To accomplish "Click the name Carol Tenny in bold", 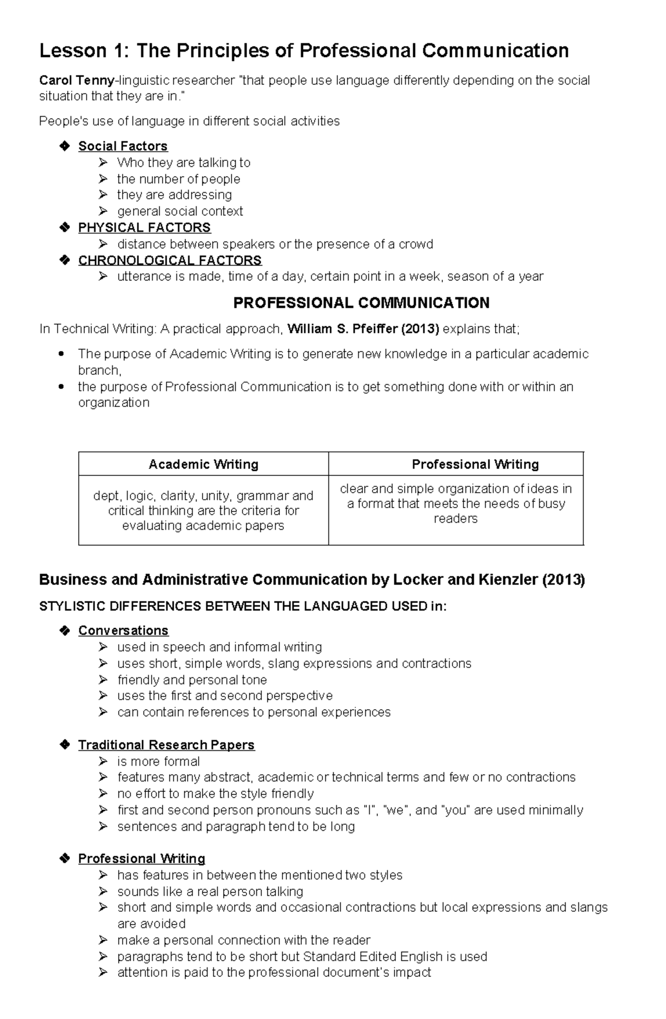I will pyautogui.click(x=76, y=81).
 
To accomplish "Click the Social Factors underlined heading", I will pyautogui.click(x=123, y=146).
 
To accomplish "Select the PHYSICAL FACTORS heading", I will pyautogui.click(x=144, y=228).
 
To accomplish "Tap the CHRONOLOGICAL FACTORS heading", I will pyautogui.click(x=170, y=260).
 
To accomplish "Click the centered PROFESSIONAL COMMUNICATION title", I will pyautogui.click(x=361, y=303).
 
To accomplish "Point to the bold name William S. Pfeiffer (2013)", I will pyautogui.click(x=364, y=329).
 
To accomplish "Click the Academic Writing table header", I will pyautogui.click(x=203, y=464).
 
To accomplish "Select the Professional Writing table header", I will pyautogui.click(x=475, y=464).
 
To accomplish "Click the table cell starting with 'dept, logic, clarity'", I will pyautogui.click(x=203, y=510).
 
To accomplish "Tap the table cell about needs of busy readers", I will pyautogui.click(x=456, y=504).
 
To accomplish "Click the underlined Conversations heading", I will pyautogui.click(x=123, y=630).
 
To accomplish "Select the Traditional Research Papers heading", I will pyautogui.click(x=166, y=745).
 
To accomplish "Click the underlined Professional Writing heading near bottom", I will pyautogui.click(x=142, y=859).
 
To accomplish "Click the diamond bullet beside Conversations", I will pyautogui.click(x=64, y=630).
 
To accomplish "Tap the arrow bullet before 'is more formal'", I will pyautogui.click(x=103, y=761).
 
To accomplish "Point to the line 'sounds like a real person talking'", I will pyautogui.click(x=210, y=891).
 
